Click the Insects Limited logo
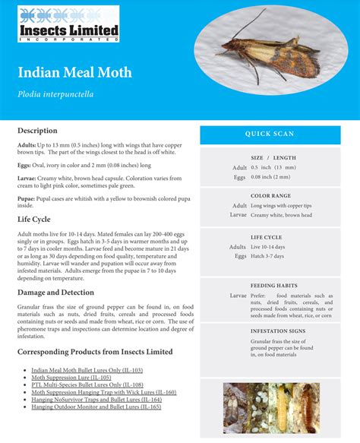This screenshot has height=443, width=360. [68, 24]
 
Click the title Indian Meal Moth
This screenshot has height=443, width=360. [75, 72]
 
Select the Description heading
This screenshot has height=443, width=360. [37, 131]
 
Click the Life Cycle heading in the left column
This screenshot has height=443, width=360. [34, 219]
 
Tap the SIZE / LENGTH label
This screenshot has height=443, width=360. [273, 157]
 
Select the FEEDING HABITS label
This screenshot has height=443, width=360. [273, 285]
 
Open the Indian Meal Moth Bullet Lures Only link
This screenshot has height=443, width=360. [87, 370]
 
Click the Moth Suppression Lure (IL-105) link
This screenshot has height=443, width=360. [71, 378]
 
